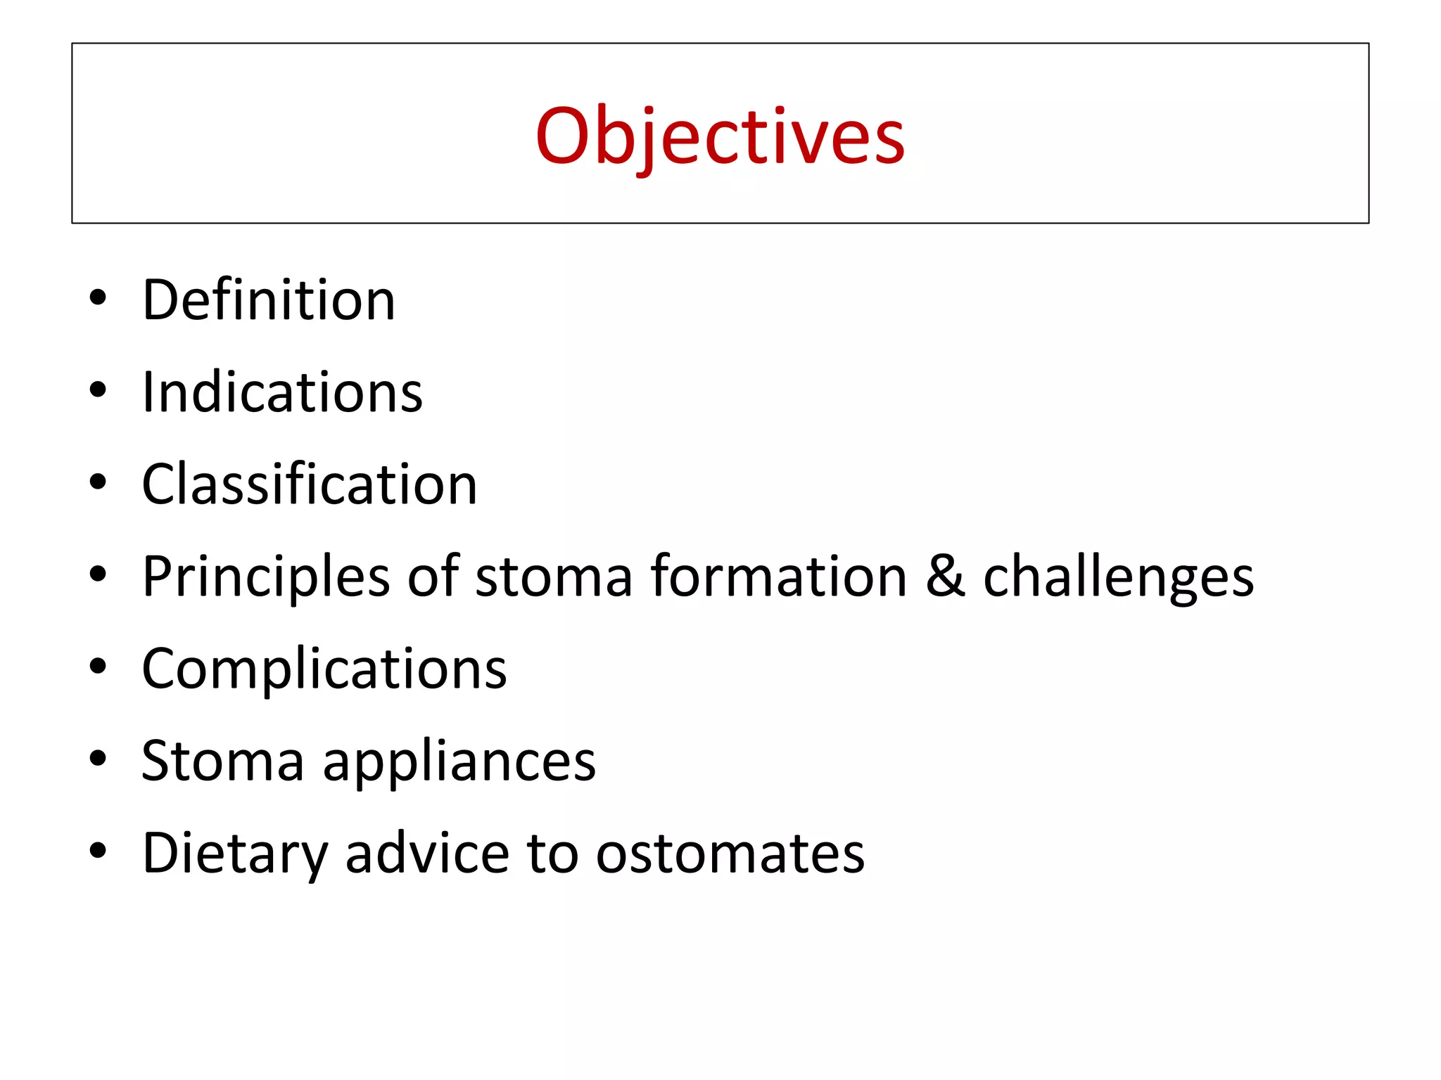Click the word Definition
(x=269, y=300)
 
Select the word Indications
(x=282, y=392)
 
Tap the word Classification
(x=310, y=484)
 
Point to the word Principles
(x=265, y=577)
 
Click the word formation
(x=778, y=577)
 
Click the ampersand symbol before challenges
(x=945, y=577)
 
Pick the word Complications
(x=324, y=669)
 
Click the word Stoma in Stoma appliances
(x=222, y=761)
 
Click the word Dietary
(x=235, y=854)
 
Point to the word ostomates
(x=730, y=854)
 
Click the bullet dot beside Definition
(x=98, y=298)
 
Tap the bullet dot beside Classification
(x=98, y=482)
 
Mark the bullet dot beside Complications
(x=98, y=667)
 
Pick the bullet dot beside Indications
(x=98, y=390)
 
